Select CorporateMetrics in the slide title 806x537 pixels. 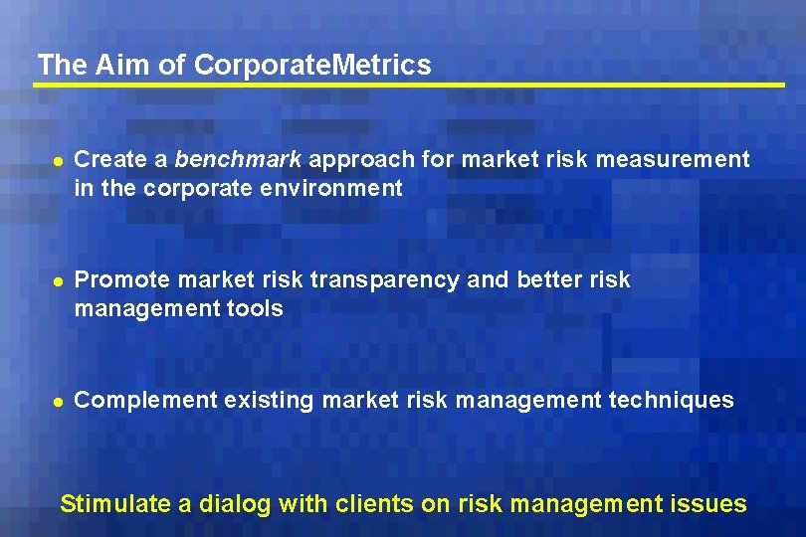point(312,66)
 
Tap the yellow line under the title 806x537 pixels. point(408,86)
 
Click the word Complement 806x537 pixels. point(145,401)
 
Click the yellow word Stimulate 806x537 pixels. point(115,504)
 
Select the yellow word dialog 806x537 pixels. point(235,504)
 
